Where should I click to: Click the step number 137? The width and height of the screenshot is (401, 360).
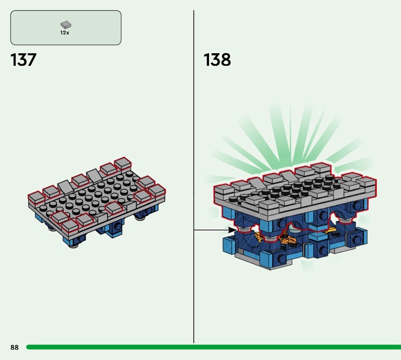point(23,60)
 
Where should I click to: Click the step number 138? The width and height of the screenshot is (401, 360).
point(217,60)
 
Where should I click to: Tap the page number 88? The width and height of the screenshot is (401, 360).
point(15,347)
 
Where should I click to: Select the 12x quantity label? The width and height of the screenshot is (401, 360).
point(65,33)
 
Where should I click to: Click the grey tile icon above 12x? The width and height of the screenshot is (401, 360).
point(66,25)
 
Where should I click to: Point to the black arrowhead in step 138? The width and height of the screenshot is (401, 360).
point(232,230)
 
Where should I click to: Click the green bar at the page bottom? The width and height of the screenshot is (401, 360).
point(214,347)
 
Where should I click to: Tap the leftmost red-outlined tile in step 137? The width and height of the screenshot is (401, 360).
point(36,198)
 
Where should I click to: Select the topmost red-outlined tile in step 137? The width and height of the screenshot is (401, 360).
point(123,164)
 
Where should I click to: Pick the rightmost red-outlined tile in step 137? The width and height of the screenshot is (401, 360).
point(157,191)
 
